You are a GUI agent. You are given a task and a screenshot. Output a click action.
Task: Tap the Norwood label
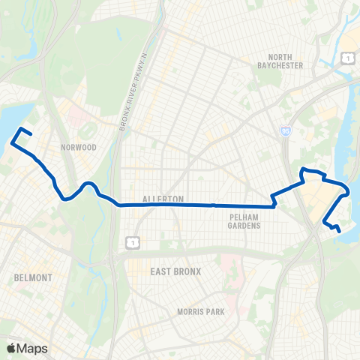click(x=82, y=148)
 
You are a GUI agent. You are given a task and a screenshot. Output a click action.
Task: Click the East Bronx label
click(x=175, y=271)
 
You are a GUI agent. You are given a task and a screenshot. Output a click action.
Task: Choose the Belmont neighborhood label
click(x=34, y=277)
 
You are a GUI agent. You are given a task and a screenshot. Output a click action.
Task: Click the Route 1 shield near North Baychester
click(x=346, y=58)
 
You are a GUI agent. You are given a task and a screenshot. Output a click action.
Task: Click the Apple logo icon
click(x=12, y=347)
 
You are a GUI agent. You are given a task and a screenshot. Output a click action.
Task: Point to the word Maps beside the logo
click(x=33, y=347)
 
